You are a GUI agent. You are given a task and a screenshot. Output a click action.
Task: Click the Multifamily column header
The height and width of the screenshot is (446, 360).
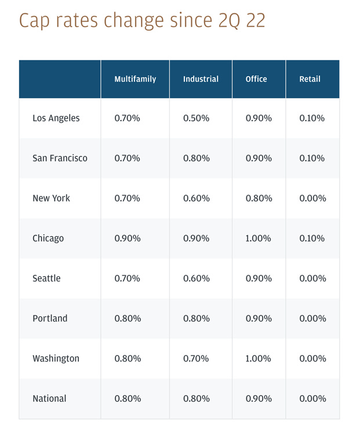point(135,79)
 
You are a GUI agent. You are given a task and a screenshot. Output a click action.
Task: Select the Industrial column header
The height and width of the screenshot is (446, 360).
point(200,79)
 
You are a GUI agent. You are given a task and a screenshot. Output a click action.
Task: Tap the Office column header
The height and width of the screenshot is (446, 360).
point(256,79)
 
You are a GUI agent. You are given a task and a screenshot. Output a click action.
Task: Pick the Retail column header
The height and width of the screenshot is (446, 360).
point(310,79)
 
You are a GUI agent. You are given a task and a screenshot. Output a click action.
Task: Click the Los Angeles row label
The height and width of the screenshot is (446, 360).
point(56,118)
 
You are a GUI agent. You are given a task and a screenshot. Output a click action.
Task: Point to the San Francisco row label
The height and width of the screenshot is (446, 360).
point(60,158)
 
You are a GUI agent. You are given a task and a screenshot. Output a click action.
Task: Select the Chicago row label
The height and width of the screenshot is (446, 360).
point(48,238)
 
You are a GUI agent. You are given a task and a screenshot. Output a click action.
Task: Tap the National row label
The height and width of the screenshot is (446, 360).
point(49,399)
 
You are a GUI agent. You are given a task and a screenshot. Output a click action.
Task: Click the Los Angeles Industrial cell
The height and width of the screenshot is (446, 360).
point(196,118)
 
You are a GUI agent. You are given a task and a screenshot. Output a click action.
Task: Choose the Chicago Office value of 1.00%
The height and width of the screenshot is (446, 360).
point(258,238)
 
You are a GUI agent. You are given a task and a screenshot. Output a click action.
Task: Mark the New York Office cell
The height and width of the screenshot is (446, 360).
point(258,198)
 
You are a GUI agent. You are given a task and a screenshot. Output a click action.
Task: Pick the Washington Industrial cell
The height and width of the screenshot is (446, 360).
point(196,359)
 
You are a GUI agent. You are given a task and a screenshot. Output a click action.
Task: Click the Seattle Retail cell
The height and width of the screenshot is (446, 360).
point(312,278)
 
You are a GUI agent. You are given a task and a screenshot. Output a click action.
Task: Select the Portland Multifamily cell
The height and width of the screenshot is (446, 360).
point(127,319)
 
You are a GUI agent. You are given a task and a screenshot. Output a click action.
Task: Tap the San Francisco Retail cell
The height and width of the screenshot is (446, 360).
point(312,158)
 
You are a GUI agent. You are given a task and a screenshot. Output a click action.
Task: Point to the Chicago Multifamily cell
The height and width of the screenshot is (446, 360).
point(127,238)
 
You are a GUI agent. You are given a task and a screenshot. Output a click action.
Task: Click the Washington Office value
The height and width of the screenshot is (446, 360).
point(258,359)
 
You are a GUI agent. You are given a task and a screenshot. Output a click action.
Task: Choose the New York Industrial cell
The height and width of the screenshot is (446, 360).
point(196,198)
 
